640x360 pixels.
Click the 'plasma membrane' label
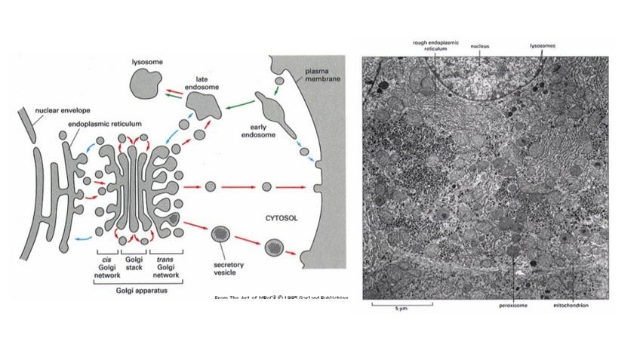pyautogui.click(x=321, y=74)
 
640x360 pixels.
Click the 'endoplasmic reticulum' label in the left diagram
pyautogui.click(x=105, y=123)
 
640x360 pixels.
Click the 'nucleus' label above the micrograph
pyautogui.click(x=480, y=47)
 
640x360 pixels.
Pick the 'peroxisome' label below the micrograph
pyautogui.click(x=514, y=306)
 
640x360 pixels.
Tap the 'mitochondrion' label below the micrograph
pyautogui.click(x=571, y=306)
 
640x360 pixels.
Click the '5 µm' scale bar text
pyautogui.click(x=401, y=310)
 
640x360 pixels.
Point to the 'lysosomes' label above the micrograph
pyautogui.click(x=543, y=46)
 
